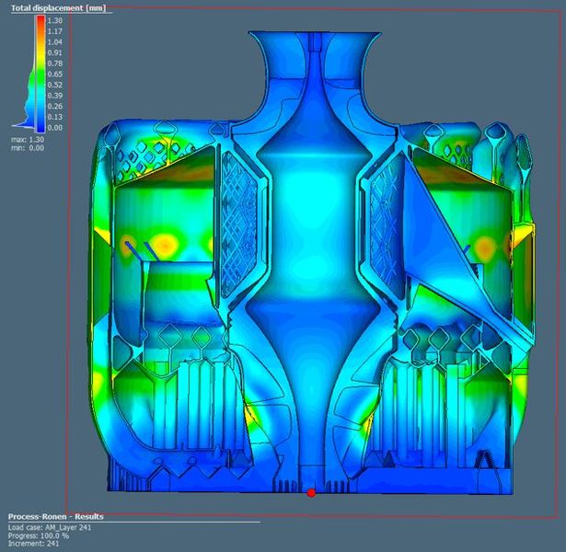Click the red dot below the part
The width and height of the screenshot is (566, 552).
311,493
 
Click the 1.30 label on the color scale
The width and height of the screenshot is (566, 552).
54,19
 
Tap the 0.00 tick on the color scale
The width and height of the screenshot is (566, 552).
54,127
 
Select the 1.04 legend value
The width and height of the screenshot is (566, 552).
54,41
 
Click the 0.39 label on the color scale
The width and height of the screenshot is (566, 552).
54,95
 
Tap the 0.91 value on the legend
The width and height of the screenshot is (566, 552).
54,52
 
